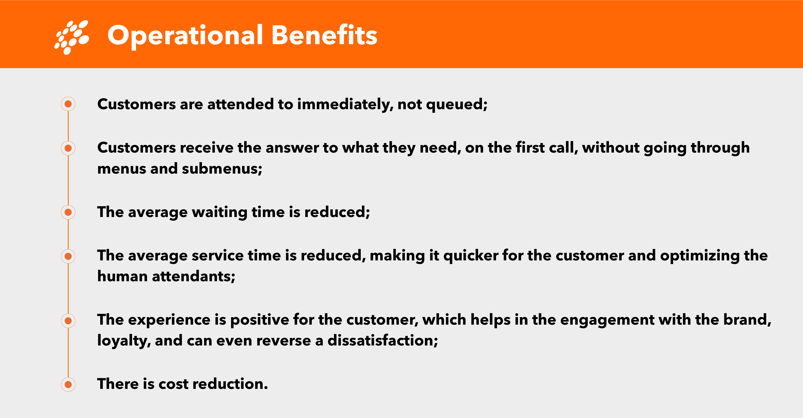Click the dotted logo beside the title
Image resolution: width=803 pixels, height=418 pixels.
click(72, 37)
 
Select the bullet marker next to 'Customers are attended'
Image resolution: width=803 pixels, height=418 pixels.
click(68, 104)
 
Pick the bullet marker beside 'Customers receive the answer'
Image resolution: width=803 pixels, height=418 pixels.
click(68, 148)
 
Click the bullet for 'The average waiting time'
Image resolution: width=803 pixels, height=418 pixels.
click(68, 212)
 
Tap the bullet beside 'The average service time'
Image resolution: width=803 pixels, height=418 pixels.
click(68, 256)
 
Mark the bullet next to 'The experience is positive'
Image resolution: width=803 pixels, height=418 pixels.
click(68, 320)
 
